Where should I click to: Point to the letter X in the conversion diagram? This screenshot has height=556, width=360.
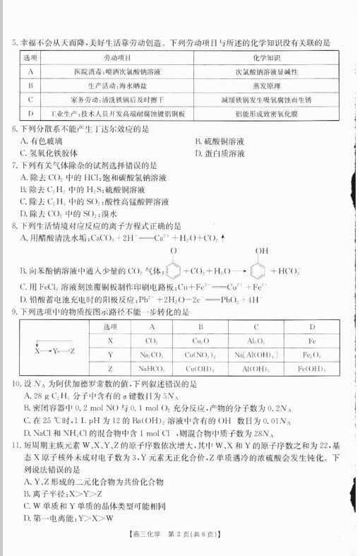point(37,350)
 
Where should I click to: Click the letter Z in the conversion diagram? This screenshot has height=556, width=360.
point(72,350)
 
